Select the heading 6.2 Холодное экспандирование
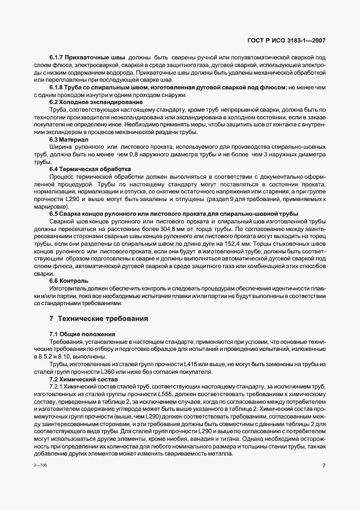[86, 102]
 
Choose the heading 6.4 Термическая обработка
[82, 169]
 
